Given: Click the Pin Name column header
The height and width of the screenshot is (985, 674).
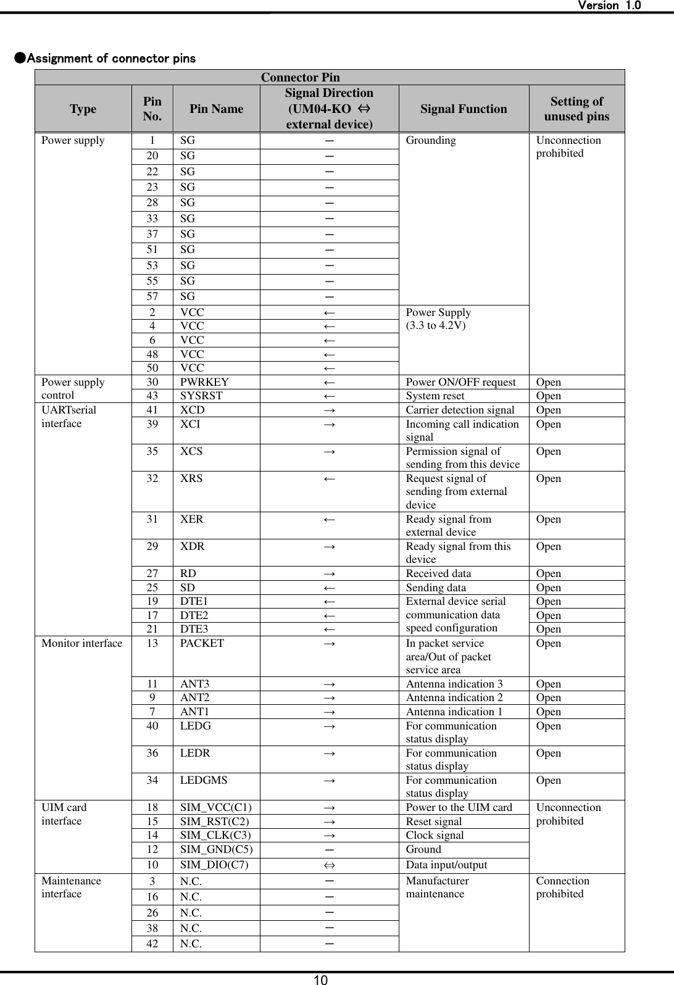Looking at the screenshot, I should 216,109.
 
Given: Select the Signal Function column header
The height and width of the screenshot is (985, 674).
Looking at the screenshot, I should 464,109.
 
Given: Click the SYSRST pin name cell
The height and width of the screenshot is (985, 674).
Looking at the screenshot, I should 201,396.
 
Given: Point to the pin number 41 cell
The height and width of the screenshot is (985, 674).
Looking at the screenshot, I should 152,410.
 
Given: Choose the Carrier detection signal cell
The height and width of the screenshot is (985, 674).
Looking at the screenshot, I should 460,410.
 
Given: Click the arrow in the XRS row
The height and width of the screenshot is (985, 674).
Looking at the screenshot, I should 330,479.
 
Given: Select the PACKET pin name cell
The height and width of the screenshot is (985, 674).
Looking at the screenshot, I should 202,643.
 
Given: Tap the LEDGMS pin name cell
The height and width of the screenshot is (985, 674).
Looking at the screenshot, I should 204,780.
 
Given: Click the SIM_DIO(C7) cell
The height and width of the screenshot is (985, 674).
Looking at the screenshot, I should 215,865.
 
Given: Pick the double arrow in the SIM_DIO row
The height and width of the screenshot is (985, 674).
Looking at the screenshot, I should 330,865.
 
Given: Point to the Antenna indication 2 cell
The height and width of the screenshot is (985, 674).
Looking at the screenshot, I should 454,697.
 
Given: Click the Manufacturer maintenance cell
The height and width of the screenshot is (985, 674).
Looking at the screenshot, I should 437,887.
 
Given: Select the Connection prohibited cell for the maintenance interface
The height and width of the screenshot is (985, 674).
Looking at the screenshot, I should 562,887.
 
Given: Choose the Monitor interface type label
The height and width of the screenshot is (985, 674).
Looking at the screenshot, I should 81,643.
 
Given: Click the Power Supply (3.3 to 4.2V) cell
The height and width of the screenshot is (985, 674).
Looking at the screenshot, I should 438,318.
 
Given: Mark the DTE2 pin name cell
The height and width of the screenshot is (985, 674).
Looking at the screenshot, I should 194,615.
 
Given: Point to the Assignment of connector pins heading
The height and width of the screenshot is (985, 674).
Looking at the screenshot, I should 105,59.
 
